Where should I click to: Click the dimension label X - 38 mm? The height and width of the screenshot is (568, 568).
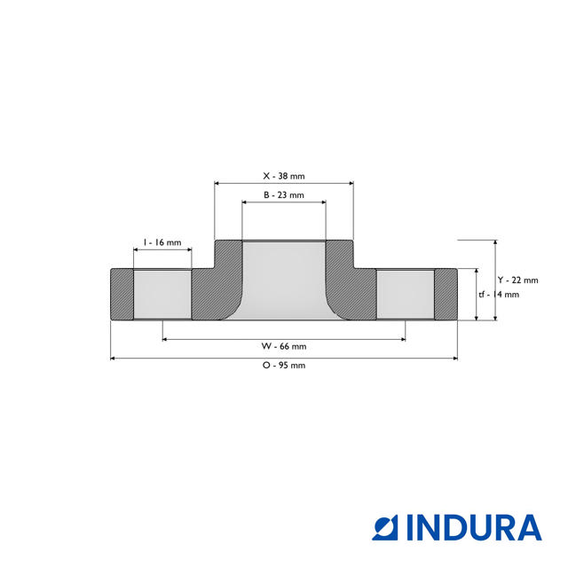(x=284, y=176)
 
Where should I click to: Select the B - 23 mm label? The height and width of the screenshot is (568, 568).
(x=284, y=194)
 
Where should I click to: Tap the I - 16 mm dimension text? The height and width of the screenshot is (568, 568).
(x=162, y=242)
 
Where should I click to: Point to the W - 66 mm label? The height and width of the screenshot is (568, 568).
(x=284, y=346)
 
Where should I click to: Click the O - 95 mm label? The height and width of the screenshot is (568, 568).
(x=284, y=365)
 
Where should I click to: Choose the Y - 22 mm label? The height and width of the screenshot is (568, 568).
(x=517, y=280)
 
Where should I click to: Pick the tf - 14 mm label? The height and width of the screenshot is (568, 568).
(x=498, y=295)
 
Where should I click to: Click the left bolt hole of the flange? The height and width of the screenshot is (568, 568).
(x=162, y=295)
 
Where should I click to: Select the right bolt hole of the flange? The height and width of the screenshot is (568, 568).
(x=405, y=295)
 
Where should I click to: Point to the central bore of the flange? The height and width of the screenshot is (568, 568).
(x=284, y=280)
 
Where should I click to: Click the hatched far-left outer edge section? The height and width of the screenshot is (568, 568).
(x=122, y=295)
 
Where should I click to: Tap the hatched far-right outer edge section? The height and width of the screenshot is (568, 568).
(x=446, y=295)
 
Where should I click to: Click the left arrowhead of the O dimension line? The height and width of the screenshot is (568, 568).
(x=113, y=359)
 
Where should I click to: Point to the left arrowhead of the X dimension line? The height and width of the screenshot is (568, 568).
(x=218, y=184)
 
